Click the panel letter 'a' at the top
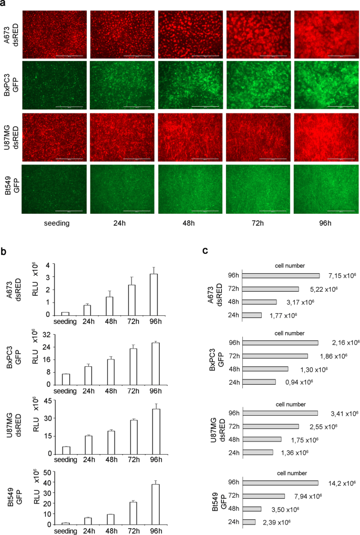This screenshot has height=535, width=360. coord(4,5)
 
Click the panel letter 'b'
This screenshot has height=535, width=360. coord(4,251)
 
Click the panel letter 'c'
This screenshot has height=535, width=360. coord(206,251)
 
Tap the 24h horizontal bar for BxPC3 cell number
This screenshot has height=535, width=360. coord(260,382)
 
